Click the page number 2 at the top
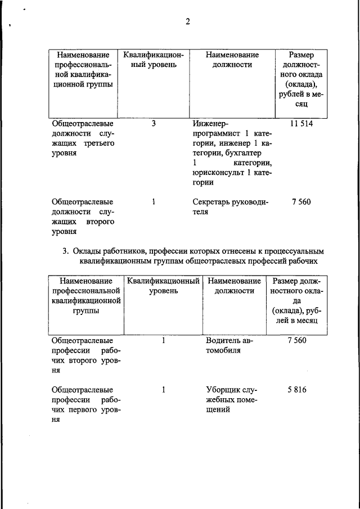point(188,22)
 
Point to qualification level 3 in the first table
point(154,123)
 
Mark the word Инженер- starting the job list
point(211,123)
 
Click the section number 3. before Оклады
point(66,251)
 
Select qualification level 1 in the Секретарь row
point(154,202)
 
